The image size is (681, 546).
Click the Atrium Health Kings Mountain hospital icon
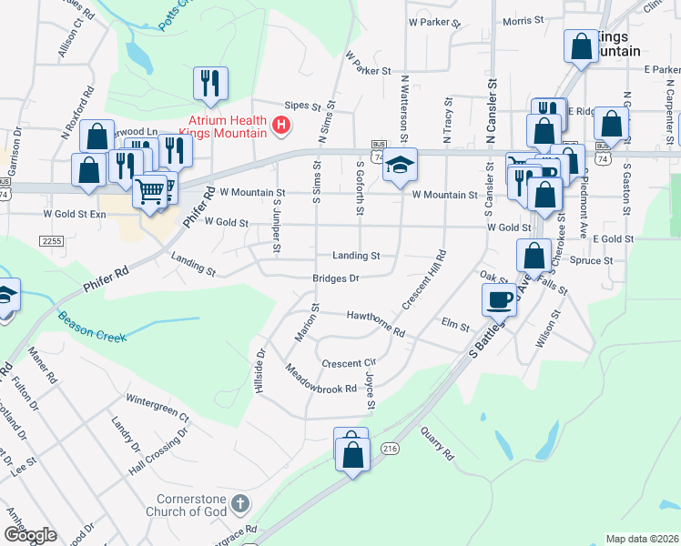coord(281,125)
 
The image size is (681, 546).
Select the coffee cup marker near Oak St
coord(499,298)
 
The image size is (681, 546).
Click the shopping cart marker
coord(150,192)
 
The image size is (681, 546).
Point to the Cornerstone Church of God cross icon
coord(239,503)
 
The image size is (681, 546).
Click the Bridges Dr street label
coord(336,278)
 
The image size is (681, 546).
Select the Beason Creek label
coord(92,329)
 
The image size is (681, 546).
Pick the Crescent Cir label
coord(349,361)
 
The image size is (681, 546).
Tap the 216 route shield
coord(391,449)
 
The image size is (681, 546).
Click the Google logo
coord(31,535)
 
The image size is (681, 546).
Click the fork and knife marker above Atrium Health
coord(210,83)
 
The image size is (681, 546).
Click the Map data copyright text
coord(641,539)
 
